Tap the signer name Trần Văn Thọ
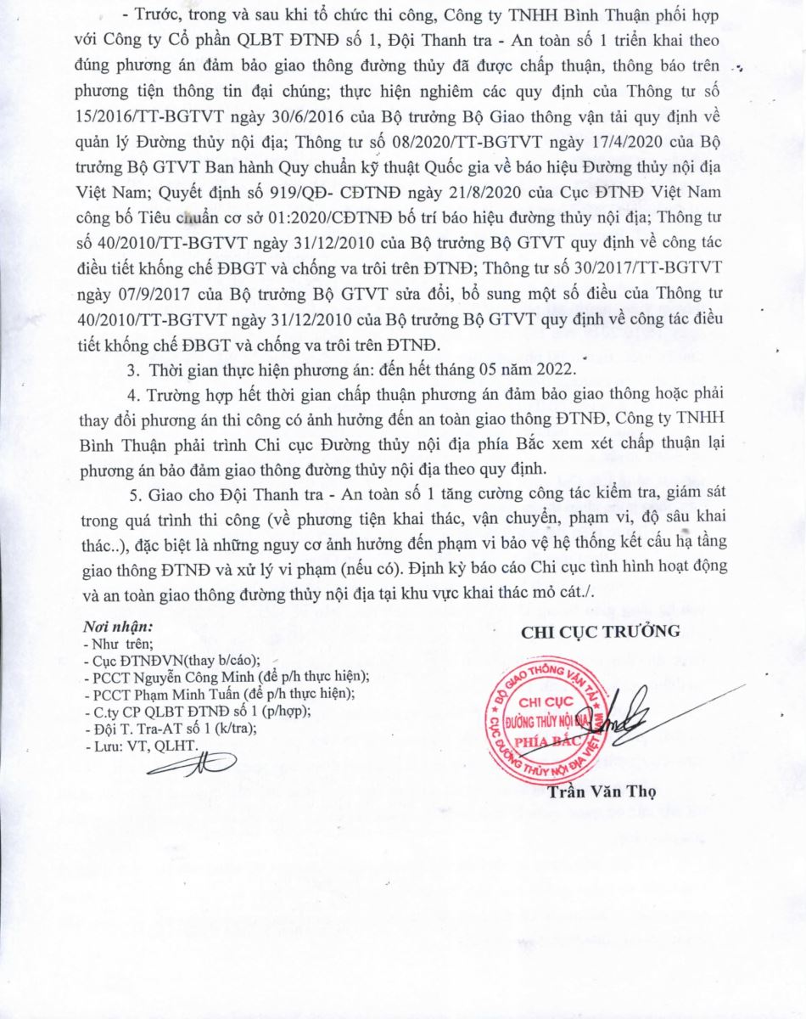pos(590,792)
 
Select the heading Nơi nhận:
pos(118,628)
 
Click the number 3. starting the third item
pos(132,369)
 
